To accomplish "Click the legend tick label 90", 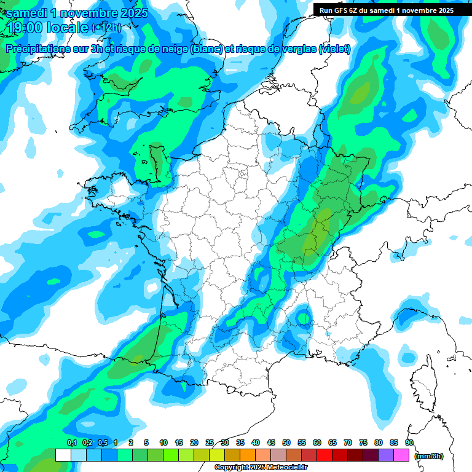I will coord(409,442).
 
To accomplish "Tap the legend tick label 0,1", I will coord(71,442).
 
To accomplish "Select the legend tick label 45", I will coord(271,442).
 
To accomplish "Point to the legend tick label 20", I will coord(194,442).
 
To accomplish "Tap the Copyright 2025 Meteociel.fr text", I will coord(258,468).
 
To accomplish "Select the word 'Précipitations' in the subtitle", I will coord(37,49).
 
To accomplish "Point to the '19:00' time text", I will coord(25,28).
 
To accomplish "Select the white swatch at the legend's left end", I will coord(63,455).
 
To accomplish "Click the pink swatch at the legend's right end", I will coord(401,455).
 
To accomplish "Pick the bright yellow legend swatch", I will coord(217,455).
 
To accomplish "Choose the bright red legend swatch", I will coord(324,455).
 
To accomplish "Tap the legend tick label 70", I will coord(348,442).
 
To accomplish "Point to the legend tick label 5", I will coord(146,442).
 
